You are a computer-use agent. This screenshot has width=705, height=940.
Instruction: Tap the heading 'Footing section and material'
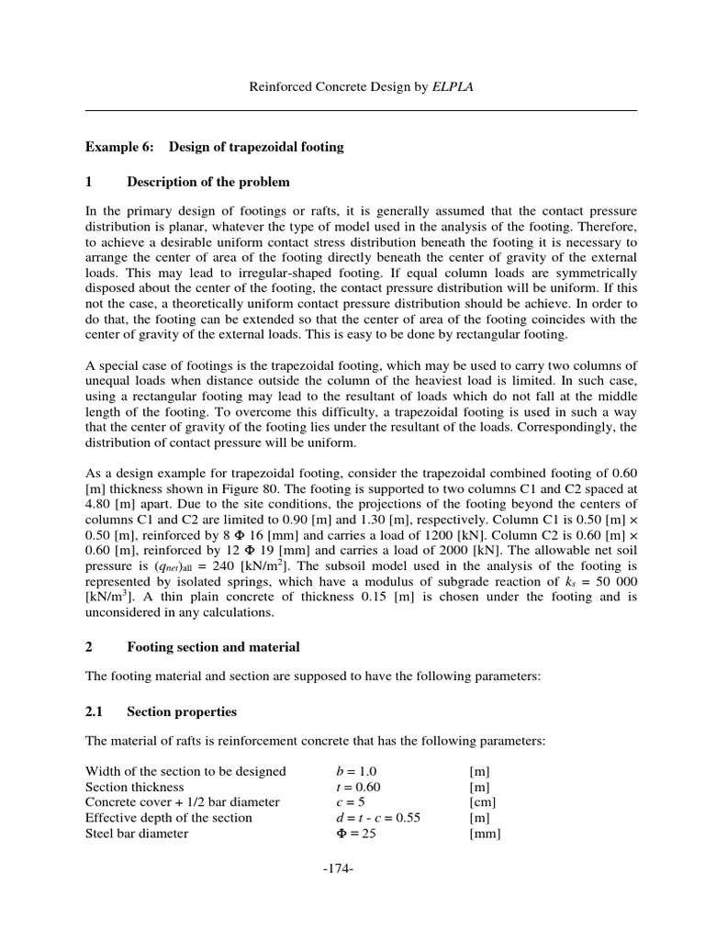213,647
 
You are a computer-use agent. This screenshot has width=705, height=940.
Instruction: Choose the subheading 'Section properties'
182,711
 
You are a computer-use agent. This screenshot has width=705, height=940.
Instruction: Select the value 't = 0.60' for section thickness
359,787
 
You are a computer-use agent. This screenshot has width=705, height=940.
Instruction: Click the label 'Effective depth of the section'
169,818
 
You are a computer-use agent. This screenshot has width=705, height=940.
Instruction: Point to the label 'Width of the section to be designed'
185,771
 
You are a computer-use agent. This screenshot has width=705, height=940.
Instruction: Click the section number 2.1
96,711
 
